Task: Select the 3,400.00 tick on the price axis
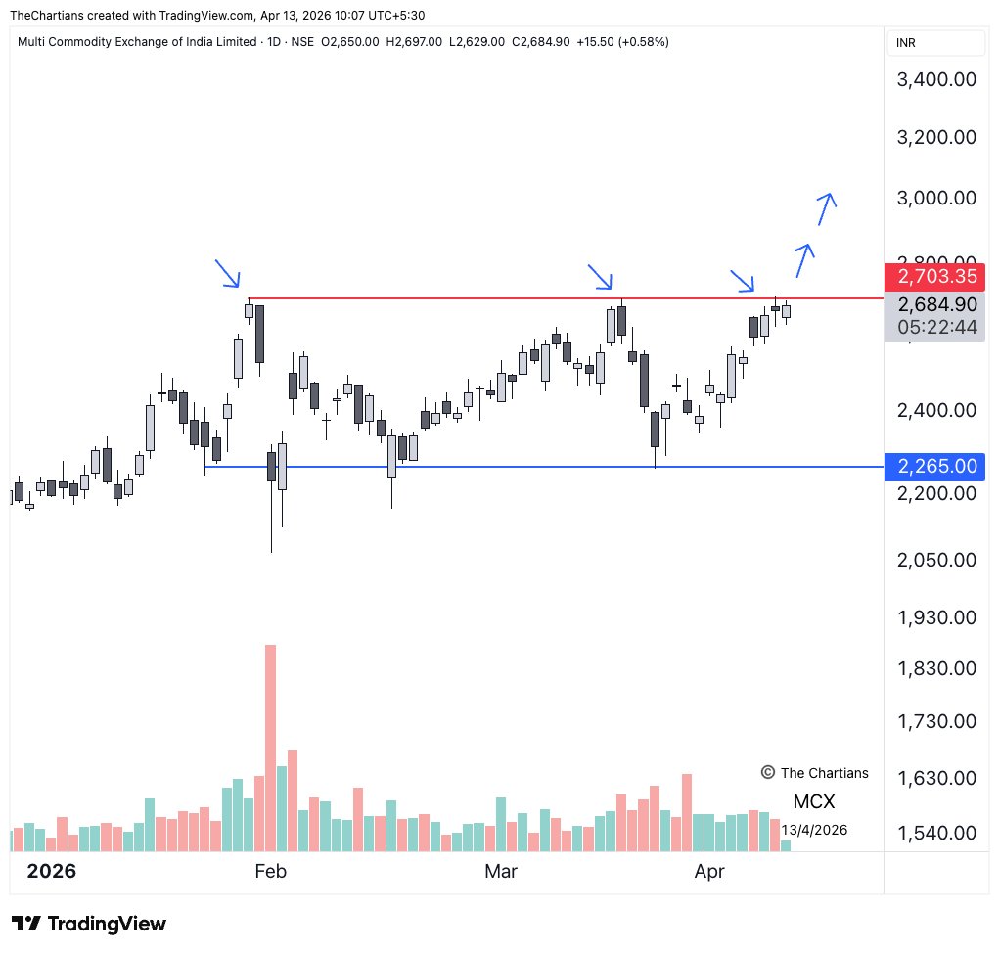tap(937, 80)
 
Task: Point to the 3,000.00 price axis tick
tap(937, 198)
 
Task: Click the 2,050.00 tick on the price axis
tap(937, 560)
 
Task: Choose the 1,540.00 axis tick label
tap(937, 833)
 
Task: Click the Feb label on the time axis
tap(269, 871)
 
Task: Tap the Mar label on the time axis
tap(500, 871)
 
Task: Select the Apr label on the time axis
tap(708, 871)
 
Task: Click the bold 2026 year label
tap(51, 871)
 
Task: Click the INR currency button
tap(906, 43)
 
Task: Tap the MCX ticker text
tap(814, 802)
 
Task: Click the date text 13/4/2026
tap(814, 830)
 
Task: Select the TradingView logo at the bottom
tap(89, 924)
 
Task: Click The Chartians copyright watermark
tap(814, 773)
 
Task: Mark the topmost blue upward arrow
tap(827, 207)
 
